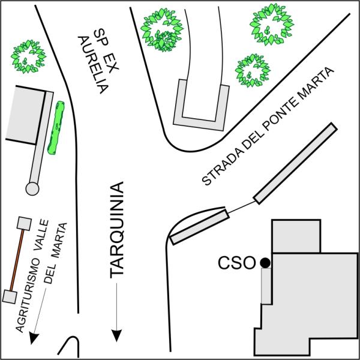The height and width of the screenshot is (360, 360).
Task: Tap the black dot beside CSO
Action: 265,262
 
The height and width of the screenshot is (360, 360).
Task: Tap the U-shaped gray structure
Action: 200,109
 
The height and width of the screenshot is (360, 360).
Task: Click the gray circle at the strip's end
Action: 32,188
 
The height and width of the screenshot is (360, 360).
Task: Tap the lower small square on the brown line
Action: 9,296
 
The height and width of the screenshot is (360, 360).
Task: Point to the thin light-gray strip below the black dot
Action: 265,286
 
